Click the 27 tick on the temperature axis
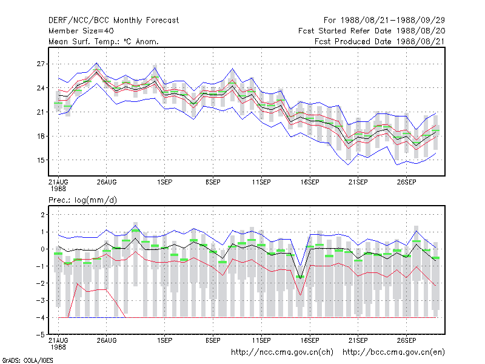tap(41, 64)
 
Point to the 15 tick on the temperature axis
tap(41, 160)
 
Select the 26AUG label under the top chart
tap(107, 182)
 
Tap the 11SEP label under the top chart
tap(261, 182)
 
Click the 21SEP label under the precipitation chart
tap(358, 340)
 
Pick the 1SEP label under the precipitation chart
tap(164, 340)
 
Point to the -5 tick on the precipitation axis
tap(40, 335)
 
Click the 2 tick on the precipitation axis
tap(42, 215)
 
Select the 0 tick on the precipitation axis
tap(42, 249)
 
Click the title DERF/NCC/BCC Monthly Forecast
tap(113, 21)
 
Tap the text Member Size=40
tap(81, 31)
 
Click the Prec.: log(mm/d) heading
tap(82, 200)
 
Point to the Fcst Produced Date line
tap(380, 41)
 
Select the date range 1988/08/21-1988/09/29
tap(393, 21)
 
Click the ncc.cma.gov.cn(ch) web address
tap(282, 352)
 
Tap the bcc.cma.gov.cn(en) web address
tap(393, 352)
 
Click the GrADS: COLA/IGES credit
tap(28, 360)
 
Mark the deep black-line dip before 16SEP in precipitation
tap(300, 278)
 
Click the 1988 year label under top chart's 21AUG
tap(58, 189)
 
